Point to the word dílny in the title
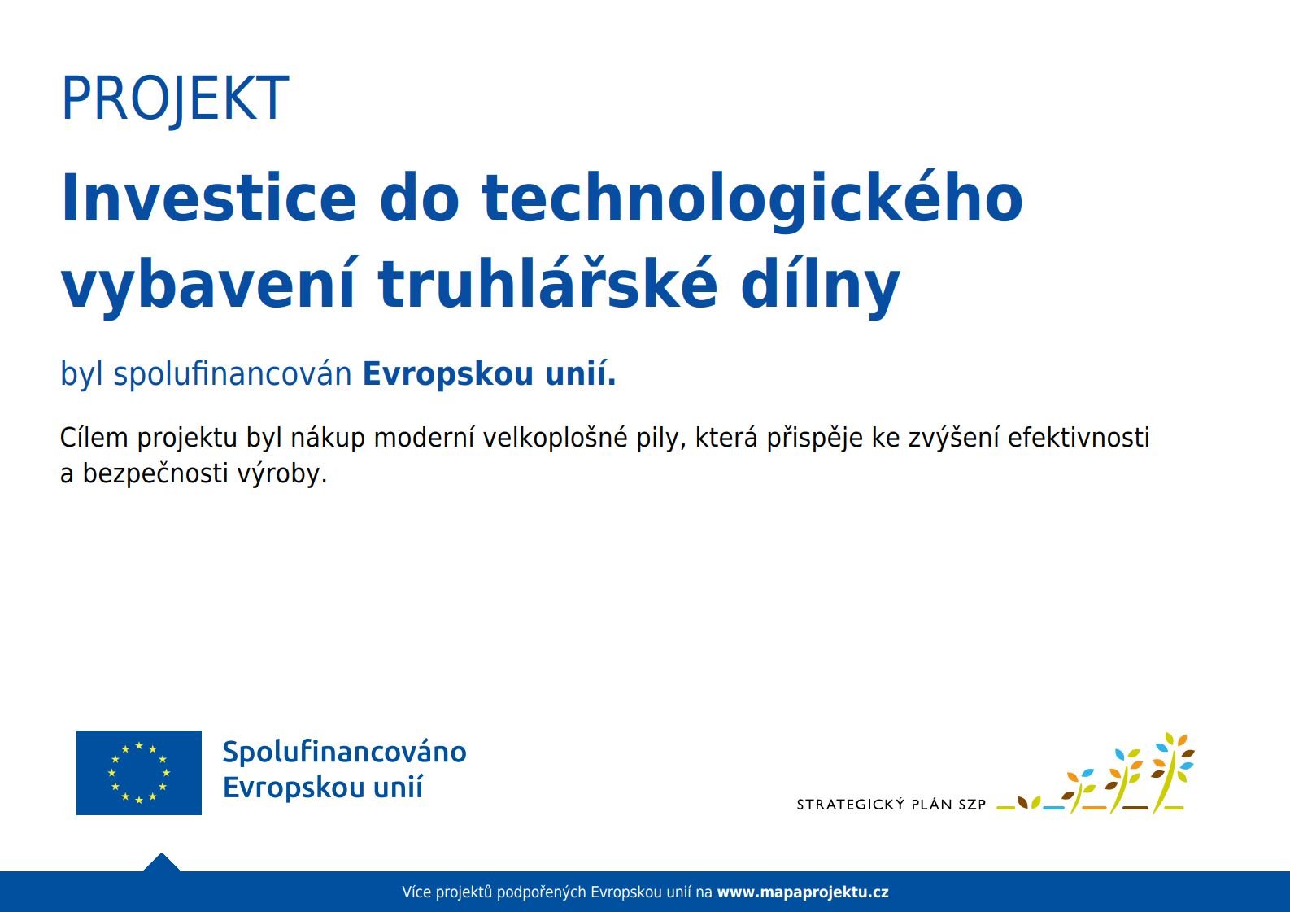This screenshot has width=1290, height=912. tap(820, 287)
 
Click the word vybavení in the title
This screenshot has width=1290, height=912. tap(207, 287)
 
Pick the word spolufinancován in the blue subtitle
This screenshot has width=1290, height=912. tap(232, 374)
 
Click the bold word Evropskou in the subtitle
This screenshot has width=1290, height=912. tap(448, 374)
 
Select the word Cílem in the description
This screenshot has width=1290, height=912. tap(94, 437)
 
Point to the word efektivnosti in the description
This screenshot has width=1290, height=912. tap(1079, 437)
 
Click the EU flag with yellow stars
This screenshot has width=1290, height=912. tap(139, 773)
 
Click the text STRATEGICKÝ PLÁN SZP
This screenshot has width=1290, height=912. tap(891, 805)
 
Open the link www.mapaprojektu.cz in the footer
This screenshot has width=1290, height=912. tap(803, 892)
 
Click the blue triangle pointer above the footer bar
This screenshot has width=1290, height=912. tap(162, 862)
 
